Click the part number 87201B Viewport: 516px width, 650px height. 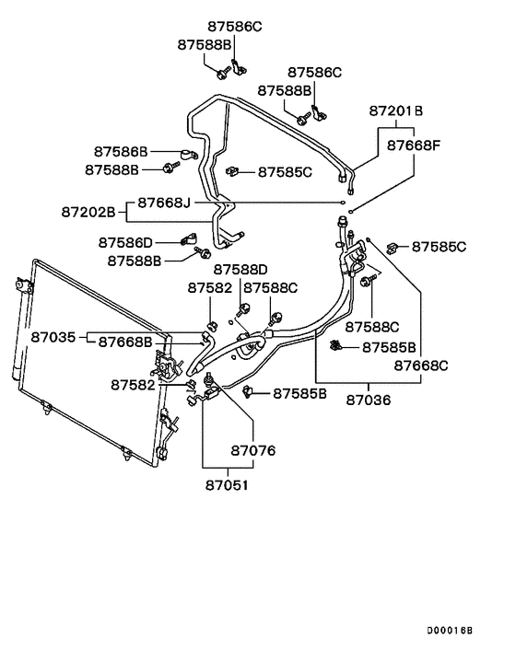tap(396, 110)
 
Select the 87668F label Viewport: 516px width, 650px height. tap(414, 145)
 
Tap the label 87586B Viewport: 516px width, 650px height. tap(122, 151)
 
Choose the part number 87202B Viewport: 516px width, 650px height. tap(88, 212)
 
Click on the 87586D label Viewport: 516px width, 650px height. tap(125, 242)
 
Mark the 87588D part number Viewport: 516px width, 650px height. tap(240, 270)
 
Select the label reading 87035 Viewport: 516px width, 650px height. tap(53, 338)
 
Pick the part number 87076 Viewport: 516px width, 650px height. tap(252, 451)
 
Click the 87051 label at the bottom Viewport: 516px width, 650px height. tap(228, 484)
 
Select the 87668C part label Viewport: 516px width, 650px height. tap(421, 366)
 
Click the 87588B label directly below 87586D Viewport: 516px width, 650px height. tap(135, 261)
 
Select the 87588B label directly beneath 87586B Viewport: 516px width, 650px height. tap(111, 169)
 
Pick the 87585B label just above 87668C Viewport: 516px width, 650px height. tap(389, 347)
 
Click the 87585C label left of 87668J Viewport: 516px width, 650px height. tap(285, 171)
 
